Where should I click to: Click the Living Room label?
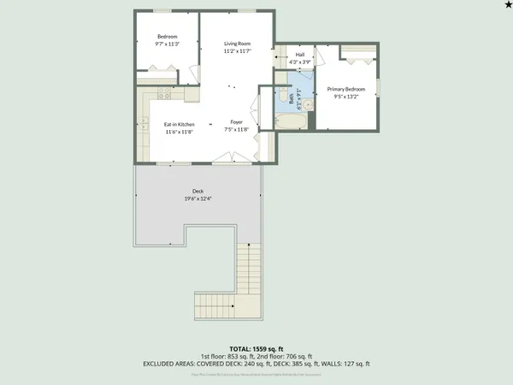click(237, 43)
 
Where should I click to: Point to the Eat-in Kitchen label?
click(180, 124)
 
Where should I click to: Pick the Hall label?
click(299, 55)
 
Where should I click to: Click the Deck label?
click(198, 192)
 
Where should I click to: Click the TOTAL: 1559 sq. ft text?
click(256, 349)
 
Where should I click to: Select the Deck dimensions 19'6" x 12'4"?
click(198, 198)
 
